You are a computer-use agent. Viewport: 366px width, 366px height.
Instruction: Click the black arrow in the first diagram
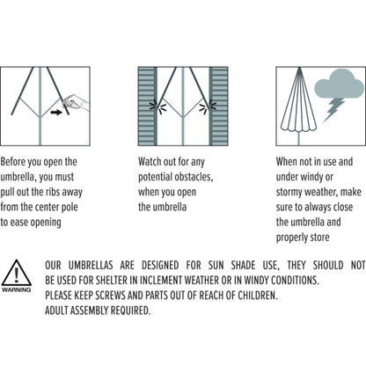click(x=56, y=112)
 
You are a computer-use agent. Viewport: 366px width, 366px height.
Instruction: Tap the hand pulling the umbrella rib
click(x=76, y=102)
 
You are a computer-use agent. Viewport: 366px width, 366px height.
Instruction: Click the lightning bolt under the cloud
click(x=333, y=110)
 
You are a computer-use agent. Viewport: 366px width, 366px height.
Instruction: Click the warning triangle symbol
click(x=17, y=273)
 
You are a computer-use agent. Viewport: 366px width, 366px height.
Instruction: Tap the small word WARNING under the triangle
click(x=17, y=289)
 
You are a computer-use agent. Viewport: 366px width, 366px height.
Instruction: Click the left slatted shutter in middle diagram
click(x=148, y=106)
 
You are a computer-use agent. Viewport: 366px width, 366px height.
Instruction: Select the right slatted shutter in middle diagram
click(x=218, y=106)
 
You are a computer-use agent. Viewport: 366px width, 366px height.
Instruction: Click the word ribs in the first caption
click(x=52, y=192)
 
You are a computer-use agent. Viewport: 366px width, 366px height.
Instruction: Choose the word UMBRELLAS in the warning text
click(x=91, y=265)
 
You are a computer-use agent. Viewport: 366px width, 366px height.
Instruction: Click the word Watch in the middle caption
click(x=148, y=162)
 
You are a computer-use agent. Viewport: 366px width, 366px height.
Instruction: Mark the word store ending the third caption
click(x=319, y=238)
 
